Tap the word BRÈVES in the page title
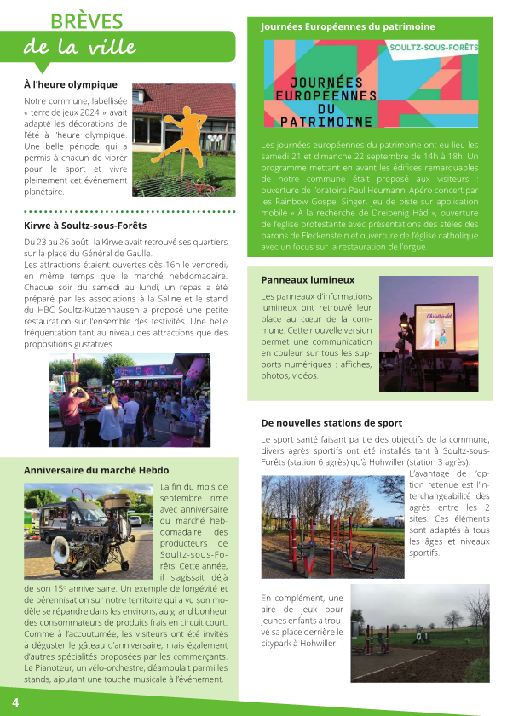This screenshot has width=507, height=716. click(87, 21)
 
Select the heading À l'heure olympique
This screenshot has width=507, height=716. click(71, 85)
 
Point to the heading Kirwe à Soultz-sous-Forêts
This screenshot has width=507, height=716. click(85, 226)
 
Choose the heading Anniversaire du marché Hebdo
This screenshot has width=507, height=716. click(96, 470)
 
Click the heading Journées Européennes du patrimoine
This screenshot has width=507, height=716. click(348, 27)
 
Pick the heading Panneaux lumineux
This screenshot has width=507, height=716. click(308, 279)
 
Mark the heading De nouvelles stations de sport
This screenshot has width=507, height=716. click(331, 423)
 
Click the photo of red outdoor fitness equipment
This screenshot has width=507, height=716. click(331, 526)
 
